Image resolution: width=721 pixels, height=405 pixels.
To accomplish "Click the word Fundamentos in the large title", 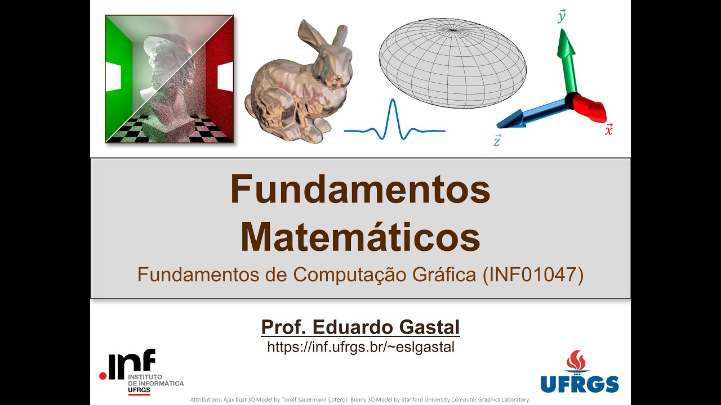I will click(x=360, y=190).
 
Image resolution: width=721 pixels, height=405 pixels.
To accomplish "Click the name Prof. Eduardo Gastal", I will click(x=360, y=327).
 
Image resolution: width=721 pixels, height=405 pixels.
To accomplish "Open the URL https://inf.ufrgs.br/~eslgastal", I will click(x=360, y=347).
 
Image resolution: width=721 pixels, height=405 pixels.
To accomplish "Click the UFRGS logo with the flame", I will click(x=580, y=372).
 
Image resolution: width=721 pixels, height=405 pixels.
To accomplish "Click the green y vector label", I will click(x=562, y=16).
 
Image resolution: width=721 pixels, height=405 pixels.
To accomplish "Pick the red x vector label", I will click(x=609, y=129).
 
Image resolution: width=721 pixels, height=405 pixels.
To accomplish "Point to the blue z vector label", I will click(x=497, y=141).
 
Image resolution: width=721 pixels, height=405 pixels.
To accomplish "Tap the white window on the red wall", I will click(x=225, y=76).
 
